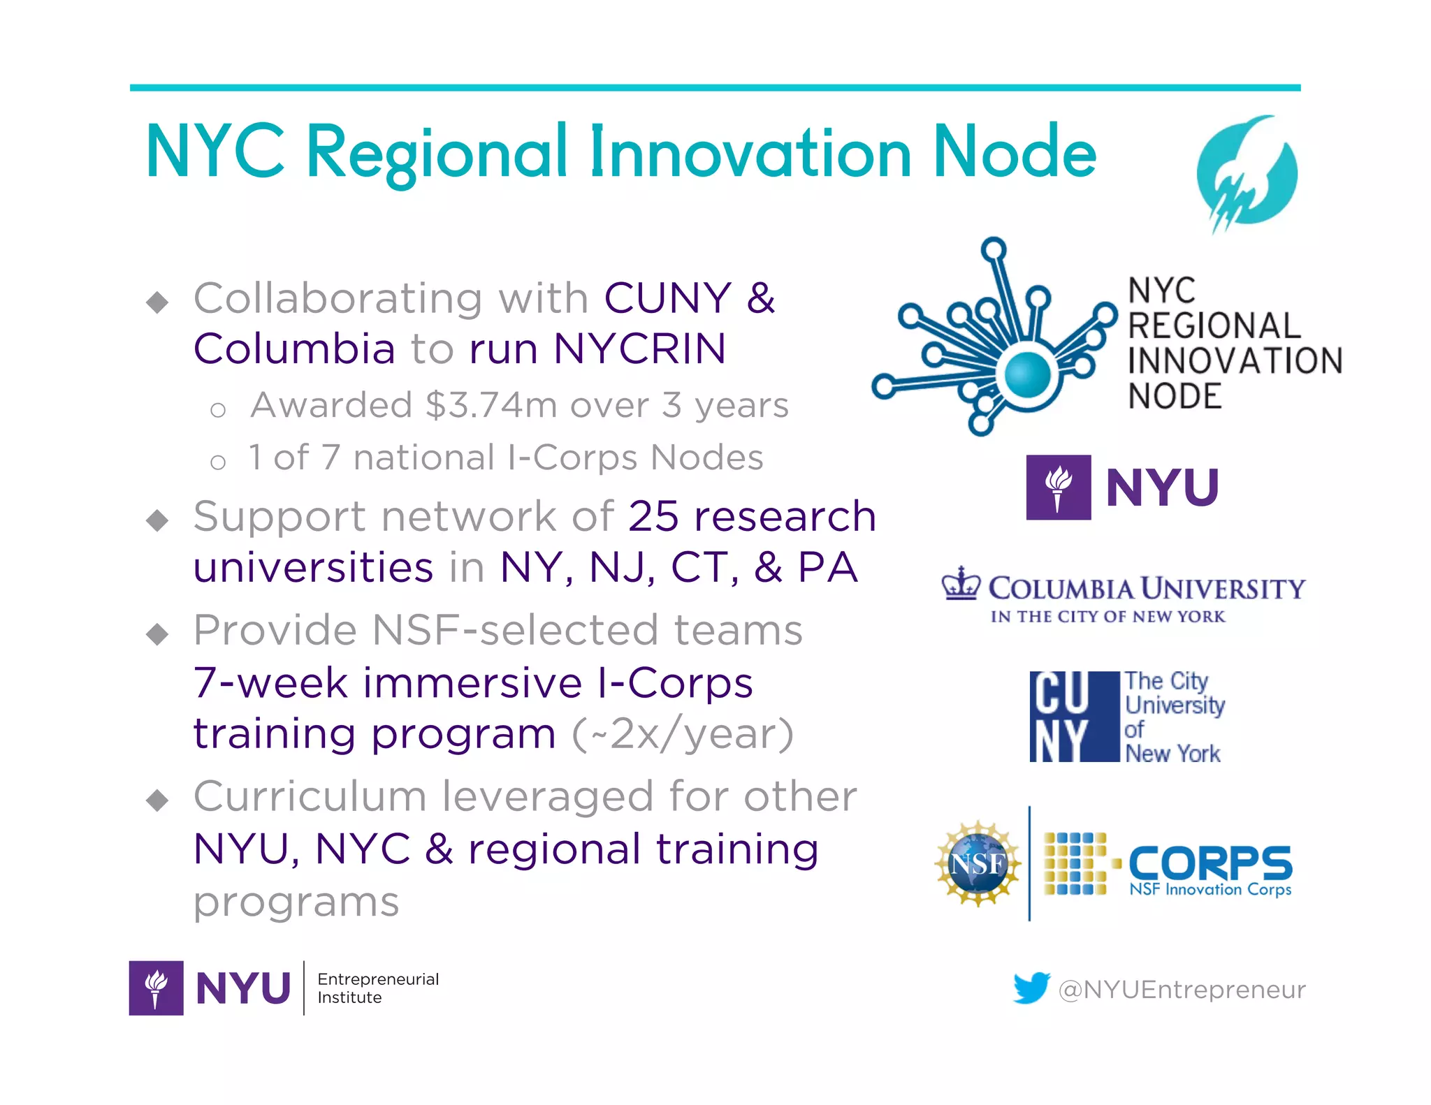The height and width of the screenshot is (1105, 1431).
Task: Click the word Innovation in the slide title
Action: (x=751, y=153)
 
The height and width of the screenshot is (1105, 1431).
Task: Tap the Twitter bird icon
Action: (x=1031, y=988)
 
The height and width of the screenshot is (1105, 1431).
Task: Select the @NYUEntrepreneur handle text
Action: (x=1182, y=990)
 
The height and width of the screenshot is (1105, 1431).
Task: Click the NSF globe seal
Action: (x=978, y=864)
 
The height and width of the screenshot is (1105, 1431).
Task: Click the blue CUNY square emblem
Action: (x=1074, y=716)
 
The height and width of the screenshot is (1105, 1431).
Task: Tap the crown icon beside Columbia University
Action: (x=961, y=585)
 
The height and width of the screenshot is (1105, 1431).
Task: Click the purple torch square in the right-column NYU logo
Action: (x=1058, y=487)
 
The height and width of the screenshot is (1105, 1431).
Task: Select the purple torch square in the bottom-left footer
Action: (x=156, y=988)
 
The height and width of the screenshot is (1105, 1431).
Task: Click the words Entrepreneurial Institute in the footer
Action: (x=378, y=988)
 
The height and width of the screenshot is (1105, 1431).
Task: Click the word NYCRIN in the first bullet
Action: (x=639, y=349)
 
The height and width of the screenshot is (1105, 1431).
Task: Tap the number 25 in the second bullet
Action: (x=653, y=517)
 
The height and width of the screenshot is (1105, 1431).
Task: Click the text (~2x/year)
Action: (x=683, y=734)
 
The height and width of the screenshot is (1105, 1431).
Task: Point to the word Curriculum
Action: (x=310, y=796)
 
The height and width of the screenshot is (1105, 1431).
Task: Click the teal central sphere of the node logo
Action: (x=1027, y=374)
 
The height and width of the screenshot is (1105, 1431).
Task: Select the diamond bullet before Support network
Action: (x=158, y=520)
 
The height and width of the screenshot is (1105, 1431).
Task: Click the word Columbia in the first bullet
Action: (x=294, y=349)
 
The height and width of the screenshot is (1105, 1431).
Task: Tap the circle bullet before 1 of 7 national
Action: (x=218, y=462)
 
